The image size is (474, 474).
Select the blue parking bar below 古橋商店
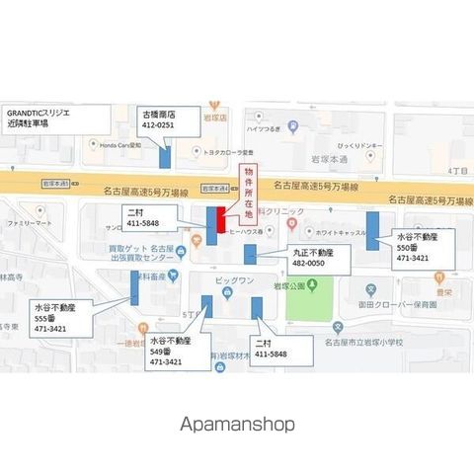click(x=165, y=155)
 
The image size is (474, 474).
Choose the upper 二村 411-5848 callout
click(x=150, y=218)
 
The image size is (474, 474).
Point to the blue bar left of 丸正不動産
click(x=250, y=254)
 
